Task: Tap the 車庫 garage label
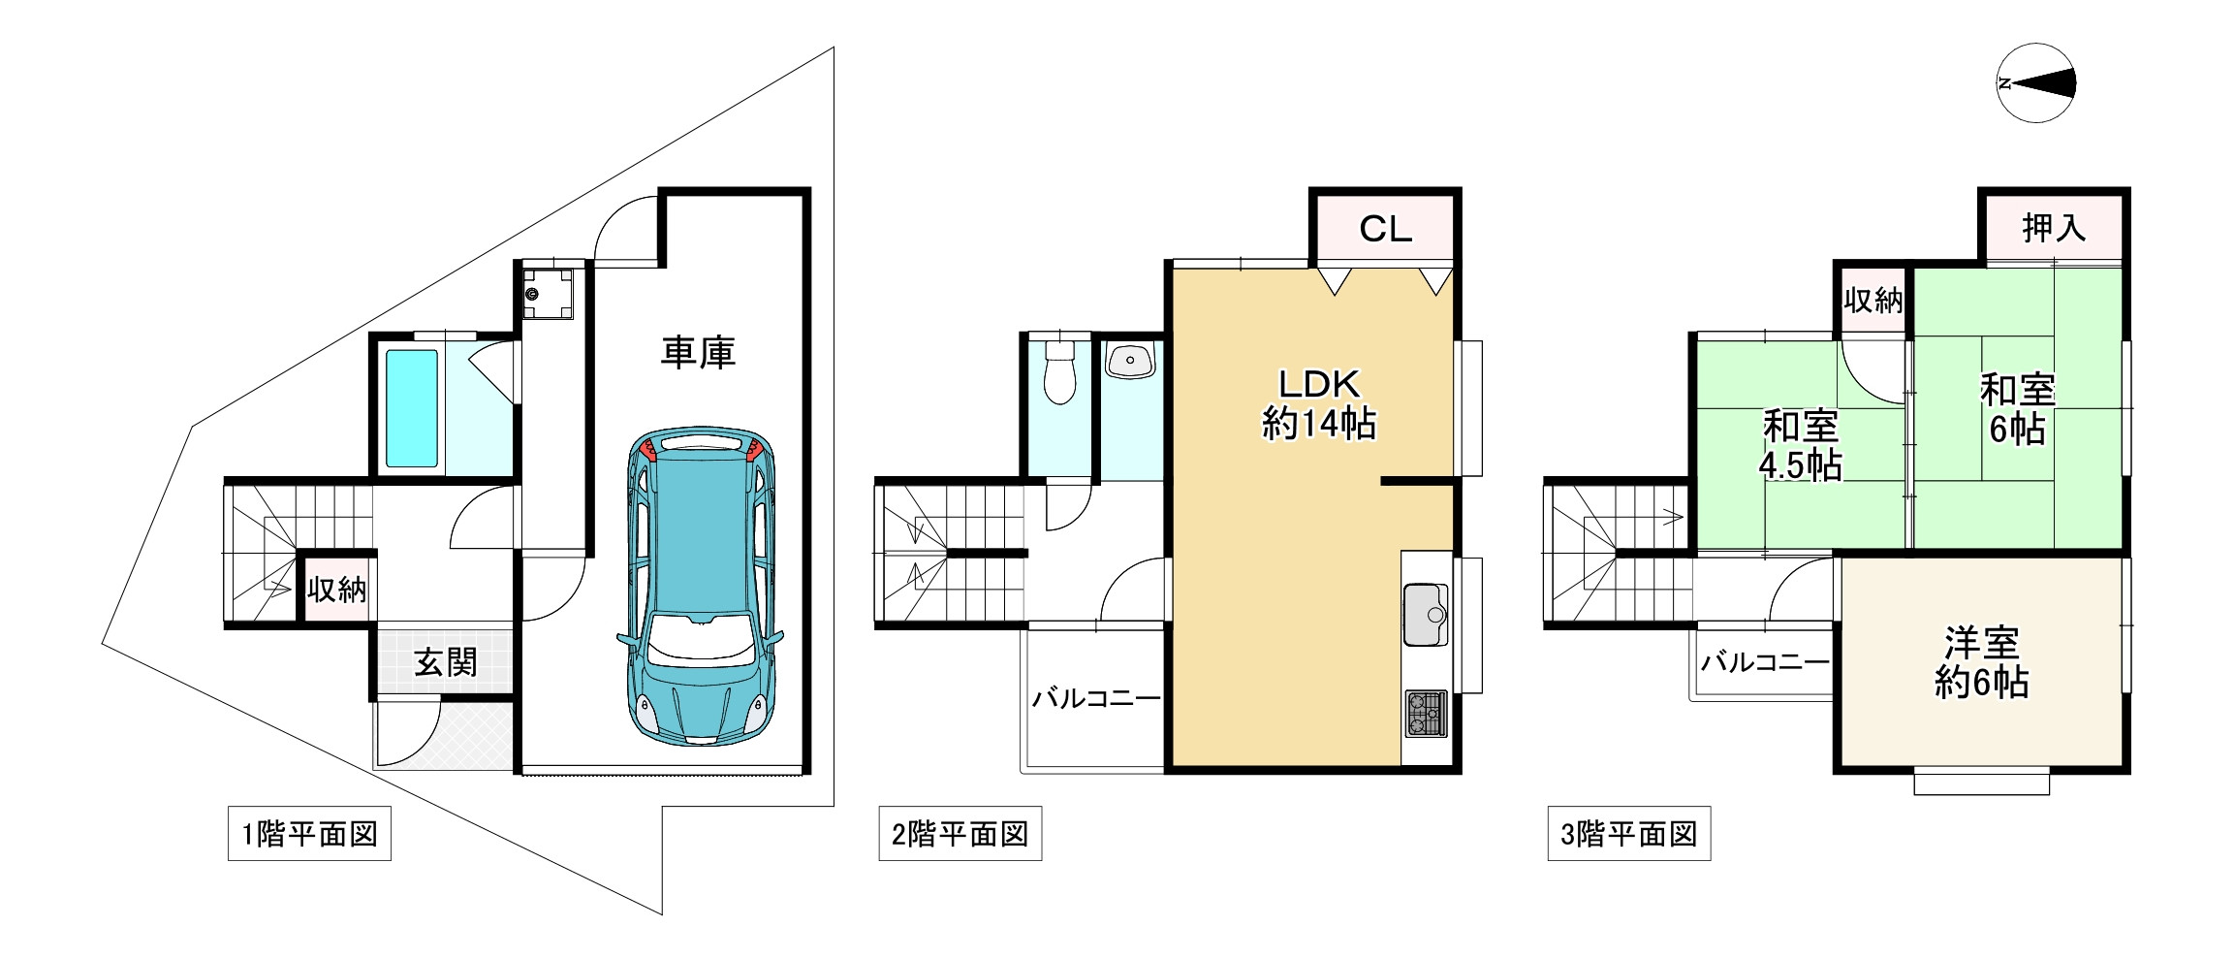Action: (698, 352)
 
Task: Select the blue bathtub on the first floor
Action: (412, 408)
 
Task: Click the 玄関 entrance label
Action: (446, 662)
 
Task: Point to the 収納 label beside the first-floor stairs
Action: (336, 588)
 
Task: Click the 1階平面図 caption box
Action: (309, 833)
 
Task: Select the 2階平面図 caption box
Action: (960, 833)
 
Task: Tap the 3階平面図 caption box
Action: (1629, 833)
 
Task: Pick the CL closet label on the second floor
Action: (1385, 229)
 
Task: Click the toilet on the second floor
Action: (1059, 371)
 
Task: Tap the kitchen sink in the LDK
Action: (1426, 616)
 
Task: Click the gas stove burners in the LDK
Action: (1426, 714)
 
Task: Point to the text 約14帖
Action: (1319, 425)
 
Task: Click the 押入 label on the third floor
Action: (2054, 228)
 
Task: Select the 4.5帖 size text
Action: (1800, 466)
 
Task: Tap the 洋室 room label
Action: (1982, 643)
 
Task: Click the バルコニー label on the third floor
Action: (1765, 662)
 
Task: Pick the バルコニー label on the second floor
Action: (1096, 698)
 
